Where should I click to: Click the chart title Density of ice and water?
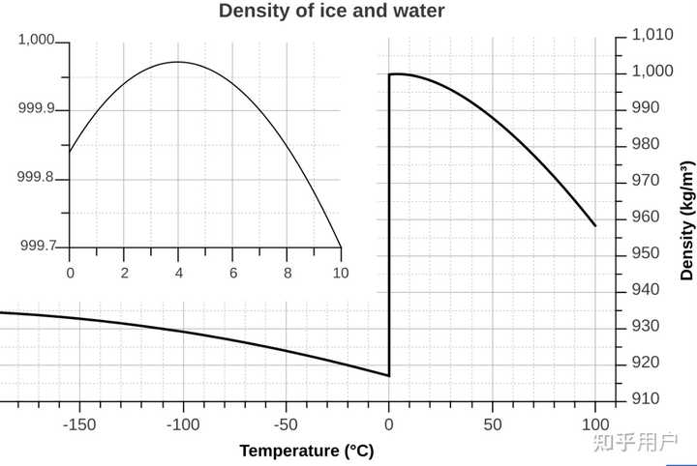click(332, 12)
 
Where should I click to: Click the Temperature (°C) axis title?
click(306, 451)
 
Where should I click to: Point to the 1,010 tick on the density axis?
click(652, 35)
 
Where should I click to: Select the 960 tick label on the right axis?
click(645, 218)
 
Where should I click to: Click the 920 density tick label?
click(645, 364)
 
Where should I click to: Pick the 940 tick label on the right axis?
click(645, 290)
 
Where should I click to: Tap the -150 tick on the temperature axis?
click(79, 424)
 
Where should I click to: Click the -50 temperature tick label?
click(286, 424)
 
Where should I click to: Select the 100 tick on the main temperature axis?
click(595, 424)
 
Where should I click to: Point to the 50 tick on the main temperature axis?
click(493, 424)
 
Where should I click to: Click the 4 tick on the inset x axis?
click(179, 274)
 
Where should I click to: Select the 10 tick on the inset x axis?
click(340, 274)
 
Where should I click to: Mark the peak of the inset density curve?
click(178, 62)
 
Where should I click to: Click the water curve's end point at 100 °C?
click(595, 225)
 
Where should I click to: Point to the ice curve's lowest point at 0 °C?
click(388, 375)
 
